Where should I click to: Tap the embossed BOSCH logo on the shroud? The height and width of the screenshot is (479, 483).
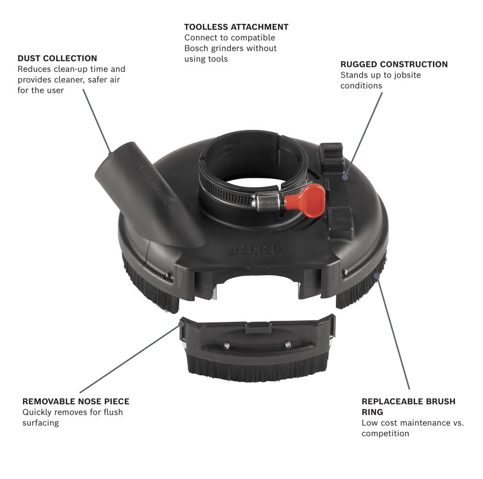(x=257, y=249)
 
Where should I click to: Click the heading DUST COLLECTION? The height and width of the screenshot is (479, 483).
(x=57, y=58)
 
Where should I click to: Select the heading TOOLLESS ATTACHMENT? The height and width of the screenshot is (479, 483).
(x=236, y=27)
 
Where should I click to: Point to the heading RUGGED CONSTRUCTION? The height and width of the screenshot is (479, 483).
(x=394, y=64)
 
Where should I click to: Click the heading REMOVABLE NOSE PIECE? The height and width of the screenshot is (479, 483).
(x=76, y=401)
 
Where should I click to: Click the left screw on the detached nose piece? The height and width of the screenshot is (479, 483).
(x=226, y=346)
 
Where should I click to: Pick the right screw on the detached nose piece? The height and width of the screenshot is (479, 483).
(x=287, y=344)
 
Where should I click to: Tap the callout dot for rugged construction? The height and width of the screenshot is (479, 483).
(x=345, y=177)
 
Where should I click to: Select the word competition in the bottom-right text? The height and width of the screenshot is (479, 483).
(x=385, y=433)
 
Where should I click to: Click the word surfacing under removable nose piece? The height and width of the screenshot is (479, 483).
(x=41, y=423)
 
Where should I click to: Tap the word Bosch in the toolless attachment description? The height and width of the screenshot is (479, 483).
(x=196, y=48)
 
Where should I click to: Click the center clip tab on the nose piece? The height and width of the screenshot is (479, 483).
(x=258, y=328)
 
